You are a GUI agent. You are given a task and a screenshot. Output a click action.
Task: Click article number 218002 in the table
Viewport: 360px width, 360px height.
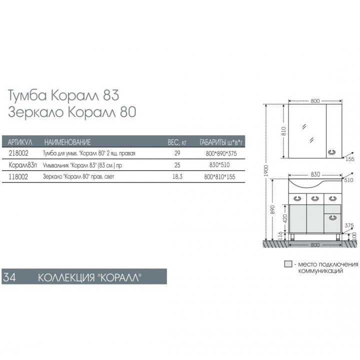pyautogui.click(x=18, y=153)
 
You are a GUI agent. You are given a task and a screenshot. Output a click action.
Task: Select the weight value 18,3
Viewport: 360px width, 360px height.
pyautogui.click(x=177, y=176)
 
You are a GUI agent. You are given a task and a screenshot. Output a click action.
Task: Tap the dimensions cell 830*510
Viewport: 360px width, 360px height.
pyautogui.click(x=219, y=165)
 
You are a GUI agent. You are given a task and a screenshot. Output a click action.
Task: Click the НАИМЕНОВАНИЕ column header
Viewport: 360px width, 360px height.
pyautogui.click(x=67, y=142)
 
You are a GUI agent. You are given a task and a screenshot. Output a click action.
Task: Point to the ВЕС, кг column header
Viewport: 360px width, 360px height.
pyautogui.click(x=177, y=142)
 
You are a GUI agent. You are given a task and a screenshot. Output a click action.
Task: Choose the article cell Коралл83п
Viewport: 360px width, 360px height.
pyautogui.click(x=22, y=165)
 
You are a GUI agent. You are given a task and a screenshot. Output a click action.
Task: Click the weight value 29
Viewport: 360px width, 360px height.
pyautogui.click(x=177, y=153)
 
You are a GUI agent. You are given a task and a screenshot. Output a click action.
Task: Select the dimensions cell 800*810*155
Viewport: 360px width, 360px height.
pyautogui.click(x=219, y=177)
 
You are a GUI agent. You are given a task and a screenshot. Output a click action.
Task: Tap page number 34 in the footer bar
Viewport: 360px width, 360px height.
pyautogui.click(x=9, y=277)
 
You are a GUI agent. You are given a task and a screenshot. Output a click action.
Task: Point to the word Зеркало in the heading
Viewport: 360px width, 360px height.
pyautogui.click(x=35, y=112)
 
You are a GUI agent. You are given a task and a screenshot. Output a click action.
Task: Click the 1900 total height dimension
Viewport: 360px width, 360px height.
pyautogui.click(x=266, y=171)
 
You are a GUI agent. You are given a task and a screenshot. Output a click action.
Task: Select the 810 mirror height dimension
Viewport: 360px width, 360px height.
pyautogui.click(x=284, y=131)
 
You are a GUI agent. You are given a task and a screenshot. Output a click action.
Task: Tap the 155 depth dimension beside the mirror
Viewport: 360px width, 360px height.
pyautogui.click(x=349, y=159)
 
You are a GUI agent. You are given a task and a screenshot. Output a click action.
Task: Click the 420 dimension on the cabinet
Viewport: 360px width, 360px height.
pyautogui.click(x=285, y=218)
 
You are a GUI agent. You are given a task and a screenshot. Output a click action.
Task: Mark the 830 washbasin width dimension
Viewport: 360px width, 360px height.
pyautogui.click(x=315, y=174)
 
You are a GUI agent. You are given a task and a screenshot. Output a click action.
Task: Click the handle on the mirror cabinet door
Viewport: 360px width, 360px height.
pyautogui.click(x=332, y=152)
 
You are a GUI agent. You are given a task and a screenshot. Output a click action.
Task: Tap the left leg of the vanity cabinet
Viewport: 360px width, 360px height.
pyautogui.click(x=292, y=237)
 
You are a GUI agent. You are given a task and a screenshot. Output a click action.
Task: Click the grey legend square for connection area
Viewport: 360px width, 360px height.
pyautogui.click(x=288, y=264)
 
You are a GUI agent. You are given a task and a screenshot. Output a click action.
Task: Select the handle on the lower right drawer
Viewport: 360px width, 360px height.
pyautogui.click(x=332, y=217)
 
